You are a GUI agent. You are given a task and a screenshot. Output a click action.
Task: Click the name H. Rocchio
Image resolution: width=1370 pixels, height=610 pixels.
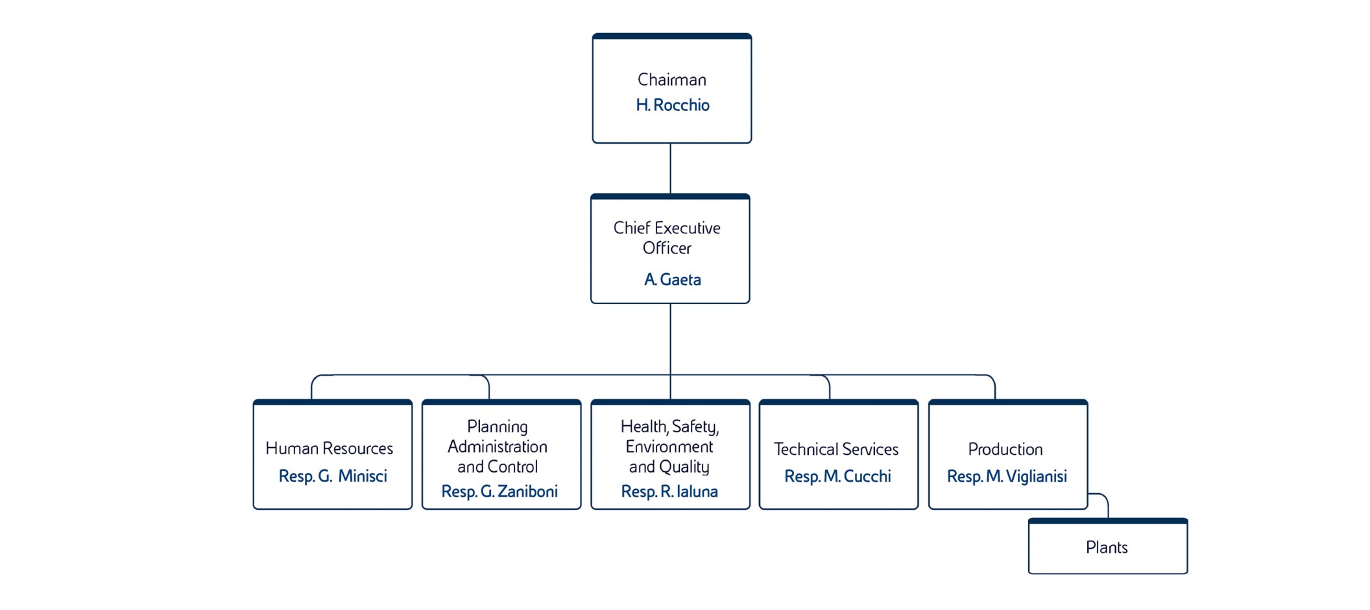tap(672, 105)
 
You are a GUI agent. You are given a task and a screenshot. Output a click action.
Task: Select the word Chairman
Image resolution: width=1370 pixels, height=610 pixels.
tap(671, 80)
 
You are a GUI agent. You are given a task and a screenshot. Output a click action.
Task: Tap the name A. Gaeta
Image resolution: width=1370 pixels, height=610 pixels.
tap(672, 279)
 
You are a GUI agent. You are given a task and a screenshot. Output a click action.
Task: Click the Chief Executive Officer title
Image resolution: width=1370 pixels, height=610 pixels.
tap(667, 237)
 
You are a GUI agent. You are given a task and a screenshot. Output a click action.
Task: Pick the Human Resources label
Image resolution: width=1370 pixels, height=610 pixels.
tap(329, 449)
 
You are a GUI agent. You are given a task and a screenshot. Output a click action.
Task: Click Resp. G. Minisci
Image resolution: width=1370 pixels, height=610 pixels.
tap(332, 476)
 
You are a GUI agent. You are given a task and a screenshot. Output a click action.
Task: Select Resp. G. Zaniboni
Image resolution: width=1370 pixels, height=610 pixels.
tap(499, 491)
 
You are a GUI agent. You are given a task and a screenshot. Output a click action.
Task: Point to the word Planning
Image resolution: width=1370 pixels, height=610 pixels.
tap(497, 427)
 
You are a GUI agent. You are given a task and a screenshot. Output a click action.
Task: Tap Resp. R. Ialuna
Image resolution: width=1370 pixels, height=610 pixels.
tap(669, 491)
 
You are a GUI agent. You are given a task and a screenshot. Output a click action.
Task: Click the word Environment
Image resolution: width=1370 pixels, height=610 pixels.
tap(669, 447)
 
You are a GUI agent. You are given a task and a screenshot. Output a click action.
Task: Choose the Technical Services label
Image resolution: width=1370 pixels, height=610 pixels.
tap(835, 449)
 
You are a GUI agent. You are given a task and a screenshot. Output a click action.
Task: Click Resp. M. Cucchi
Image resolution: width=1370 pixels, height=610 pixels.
tap(837, 476)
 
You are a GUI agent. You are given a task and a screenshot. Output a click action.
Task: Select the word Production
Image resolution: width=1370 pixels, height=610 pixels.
tap(1005, 449)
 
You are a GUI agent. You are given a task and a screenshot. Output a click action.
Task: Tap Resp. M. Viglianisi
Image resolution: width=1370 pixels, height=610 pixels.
tap(1006, 476)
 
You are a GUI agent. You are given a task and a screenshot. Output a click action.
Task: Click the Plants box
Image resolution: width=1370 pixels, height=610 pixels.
tap(1107, 548)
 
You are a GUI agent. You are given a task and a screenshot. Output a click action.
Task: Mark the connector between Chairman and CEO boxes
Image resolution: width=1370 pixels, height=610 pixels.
tap(670, 169)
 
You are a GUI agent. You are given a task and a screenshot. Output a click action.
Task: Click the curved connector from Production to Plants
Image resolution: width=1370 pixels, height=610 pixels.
tap(1105, 500)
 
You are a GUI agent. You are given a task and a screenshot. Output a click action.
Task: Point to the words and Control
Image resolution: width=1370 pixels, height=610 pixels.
tap(497, 467)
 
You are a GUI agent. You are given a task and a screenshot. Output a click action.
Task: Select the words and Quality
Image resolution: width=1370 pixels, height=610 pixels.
tap(669, 467)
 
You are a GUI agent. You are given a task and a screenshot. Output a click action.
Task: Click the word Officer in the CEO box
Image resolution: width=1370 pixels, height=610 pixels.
tap(667, 248)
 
